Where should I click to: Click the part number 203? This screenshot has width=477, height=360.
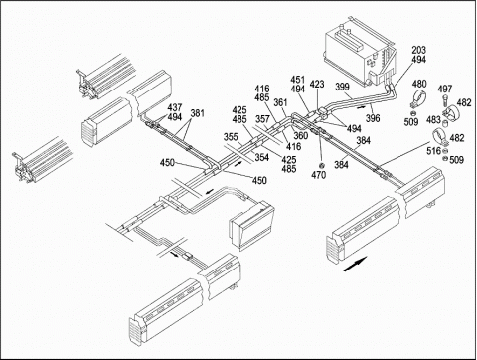[418, 50]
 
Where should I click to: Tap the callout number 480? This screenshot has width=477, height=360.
[419, 84]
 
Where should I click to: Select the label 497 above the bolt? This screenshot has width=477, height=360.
[445, 89]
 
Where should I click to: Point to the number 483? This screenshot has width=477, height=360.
[433, 119]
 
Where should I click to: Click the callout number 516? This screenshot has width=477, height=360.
[434, 151]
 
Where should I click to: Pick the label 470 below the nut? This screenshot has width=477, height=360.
[318, 175]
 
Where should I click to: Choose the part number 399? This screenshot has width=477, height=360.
[342, 87]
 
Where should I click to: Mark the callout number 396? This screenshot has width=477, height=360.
[373, 118]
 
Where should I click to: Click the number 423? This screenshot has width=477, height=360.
[317, 85]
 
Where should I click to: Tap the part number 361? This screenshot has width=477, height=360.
[280, 102]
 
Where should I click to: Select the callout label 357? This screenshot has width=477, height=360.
[262, 119]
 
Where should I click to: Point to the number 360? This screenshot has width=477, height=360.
[301, 135]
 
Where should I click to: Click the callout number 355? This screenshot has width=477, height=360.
[231, 137]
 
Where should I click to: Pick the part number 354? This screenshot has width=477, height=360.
[261, 157]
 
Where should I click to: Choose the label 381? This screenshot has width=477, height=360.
[197, 113]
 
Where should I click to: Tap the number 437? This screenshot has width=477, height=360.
[175, 107]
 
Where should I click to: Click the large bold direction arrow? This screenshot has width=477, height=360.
[355, 264]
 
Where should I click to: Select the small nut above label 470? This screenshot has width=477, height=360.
[321, 165]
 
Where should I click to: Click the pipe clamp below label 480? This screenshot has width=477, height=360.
[418, 98]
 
